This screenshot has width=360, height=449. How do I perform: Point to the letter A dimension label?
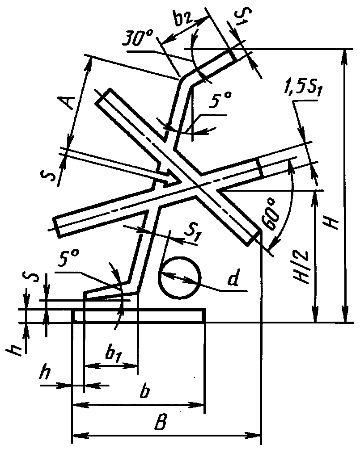[67, 102]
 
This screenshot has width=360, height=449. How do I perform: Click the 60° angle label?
[271, 215]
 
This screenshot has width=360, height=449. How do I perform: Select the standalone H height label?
[332, 221]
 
